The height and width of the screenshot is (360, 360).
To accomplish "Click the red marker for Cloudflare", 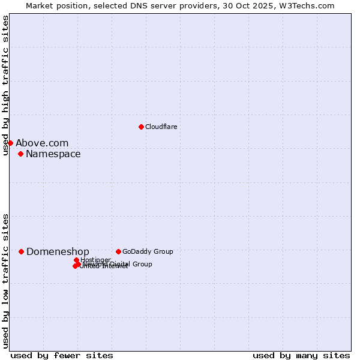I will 141,127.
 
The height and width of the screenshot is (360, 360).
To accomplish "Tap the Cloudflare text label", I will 161,127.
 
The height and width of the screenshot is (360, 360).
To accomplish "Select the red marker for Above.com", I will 10,143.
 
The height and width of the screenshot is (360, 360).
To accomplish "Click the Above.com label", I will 42,143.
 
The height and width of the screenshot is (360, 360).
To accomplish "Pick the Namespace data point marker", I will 20,154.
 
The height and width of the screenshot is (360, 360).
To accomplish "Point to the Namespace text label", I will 53,154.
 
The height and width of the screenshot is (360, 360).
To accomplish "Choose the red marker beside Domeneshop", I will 21,251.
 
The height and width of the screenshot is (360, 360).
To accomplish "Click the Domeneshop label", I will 58,252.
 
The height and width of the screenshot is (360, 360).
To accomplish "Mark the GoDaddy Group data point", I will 118,251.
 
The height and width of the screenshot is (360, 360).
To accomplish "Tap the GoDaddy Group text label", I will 148,251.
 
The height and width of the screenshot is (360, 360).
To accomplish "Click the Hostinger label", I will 95,260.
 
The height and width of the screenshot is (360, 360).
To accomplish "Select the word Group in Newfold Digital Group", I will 142,264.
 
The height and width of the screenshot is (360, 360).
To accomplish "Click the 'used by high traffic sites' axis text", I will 6,85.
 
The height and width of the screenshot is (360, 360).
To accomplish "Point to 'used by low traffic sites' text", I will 6,280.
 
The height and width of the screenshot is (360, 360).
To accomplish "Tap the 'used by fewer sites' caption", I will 62,355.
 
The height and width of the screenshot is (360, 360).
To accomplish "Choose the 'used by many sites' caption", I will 301,355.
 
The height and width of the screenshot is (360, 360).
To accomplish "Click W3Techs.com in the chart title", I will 311,5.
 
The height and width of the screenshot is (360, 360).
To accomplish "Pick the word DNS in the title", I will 131,5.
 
